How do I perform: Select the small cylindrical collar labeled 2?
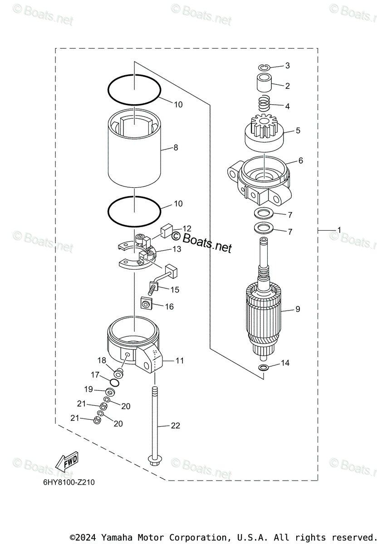point(264,85)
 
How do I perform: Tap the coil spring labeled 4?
point(264,106)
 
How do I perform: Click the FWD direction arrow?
point(67,463)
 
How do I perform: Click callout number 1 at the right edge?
point(339,230)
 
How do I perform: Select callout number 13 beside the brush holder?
point(176,249)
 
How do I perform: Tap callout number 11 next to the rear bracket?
point(180,361)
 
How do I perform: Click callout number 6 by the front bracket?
point(300,161)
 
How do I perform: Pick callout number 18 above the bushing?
point(102,360)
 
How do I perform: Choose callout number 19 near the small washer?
point(88,389)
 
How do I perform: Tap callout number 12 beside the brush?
point(186,228)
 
